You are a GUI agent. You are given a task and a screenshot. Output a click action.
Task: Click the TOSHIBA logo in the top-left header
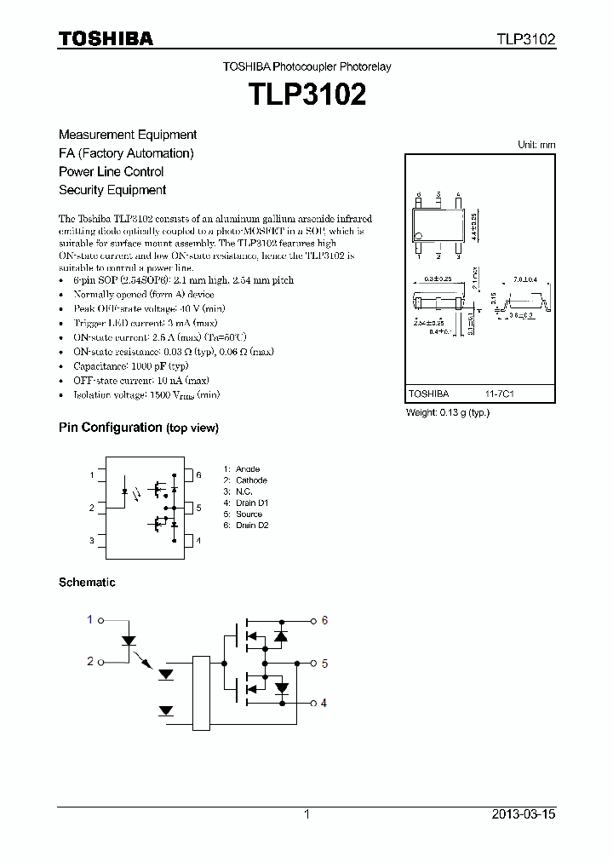[x=106, y=38]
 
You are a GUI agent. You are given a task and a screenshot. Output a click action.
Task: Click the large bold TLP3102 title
[x=306, y=95]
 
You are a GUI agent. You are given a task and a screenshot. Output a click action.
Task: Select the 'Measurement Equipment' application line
[x=128, y=135]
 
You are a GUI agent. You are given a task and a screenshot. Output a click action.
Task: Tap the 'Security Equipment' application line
[x=112, y=190]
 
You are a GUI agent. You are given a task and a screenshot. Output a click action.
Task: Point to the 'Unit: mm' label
[x=536, y=145]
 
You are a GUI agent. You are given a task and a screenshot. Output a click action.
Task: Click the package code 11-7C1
[x=500, y=394]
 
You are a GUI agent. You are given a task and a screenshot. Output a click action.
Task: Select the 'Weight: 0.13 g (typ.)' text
[x=448, y=412]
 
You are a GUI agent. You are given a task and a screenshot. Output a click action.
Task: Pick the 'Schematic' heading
[x=87, y=583]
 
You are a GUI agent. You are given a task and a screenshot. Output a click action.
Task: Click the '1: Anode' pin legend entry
[x=242, y=469]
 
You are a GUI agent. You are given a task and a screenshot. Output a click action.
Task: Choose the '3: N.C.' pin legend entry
[x=239, y=491]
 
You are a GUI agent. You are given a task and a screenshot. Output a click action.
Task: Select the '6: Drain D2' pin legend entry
[x=246, y=526]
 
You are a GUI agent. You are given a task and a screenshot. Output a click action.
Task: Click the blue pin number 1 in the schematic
[x=90, y=619]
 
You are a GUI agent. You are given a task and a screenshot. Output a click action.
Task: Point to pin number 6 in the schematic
[x=324, y=620]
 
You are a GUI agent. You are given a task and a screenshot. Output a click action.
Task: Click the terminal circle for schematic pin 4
[x=312, y=703]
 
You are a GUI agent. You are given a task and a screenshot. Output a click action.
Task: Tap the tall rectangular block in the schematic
[x=201, y=692]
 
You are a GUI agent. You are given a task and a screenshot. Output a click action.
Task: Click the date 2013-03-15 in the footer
[x=524, y=814]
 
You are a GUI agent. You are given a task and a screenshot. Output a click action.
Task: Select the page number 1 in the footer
[x=306, y=814]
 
